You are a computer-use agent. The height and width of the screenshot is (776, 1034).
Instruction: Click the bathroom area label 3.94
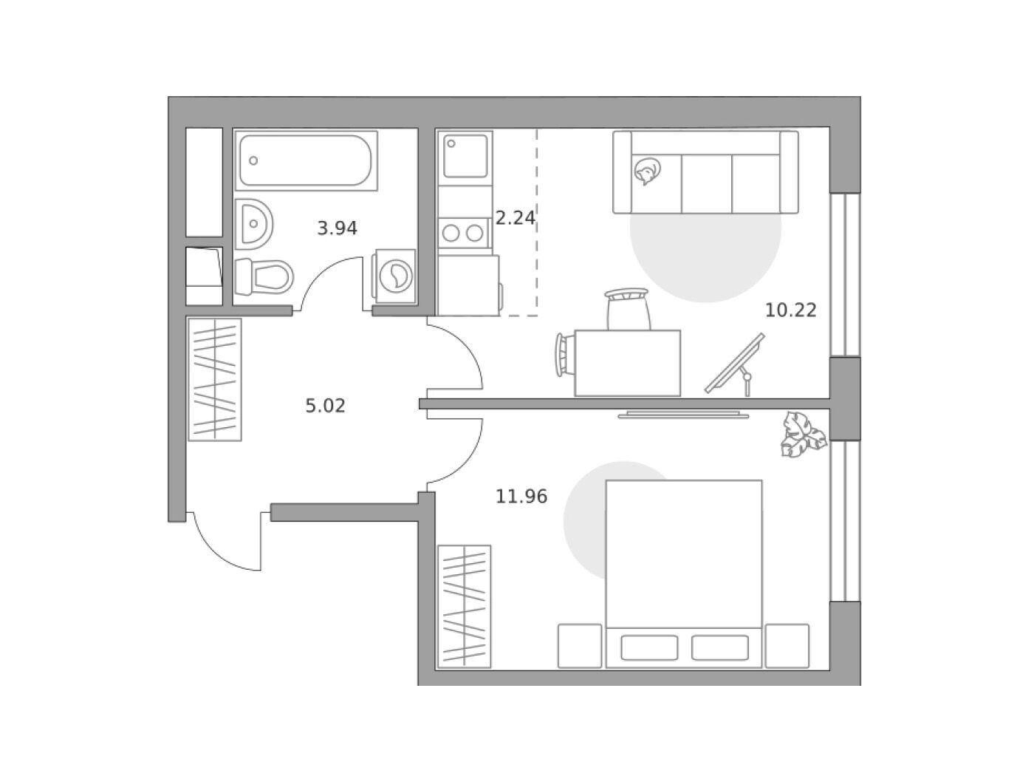point(337,229)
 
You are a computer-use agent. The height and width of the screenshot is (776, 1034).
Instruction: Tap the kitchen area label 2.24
point(515,218)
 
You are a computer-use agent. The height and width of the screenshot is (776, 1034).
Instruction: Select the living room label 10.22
point(790,310)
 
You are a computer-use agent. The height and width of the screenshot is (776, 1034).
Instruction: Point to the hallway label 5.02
point(325,406)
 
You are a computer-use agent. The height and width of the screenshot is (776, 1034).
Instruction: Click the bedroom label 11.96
point(521,497)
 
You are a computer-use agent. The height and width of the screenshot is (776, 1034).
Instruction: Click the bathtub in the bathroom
point(307,160)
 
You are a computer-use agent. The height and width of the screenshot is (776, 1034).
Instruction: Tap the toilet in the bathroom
point(264,276)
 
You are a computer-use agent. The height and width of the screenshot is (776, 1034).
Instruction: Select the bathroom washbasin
point(253,224)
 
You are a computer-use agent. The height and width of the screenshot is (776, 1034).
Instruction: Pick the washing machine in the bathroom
point(394,276)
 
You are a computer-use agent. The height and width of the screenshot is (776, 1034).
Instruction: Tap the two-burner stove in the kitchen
point(464,233)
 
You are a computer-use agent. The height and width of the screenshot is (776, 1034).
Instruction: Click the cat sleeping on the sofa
point(648,171)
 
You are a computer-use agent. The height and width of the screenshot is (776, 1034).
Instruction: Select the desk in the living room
point(628,363)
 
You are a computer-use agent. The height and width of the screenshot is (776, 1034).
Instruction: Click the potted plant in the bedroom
point(804,434)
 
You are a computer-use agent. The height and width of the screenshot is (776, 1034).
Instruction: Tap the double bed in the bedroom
point(683,574)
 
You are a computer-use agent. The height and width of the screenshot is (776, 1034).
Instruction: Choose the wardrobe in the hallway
point(215,380)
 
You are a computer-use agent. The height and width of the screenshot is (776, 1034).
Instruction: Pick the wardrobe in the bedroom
point(465,606)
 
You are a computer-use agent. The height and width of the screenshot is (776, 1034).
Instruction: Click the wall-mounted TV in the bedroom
point(683,415)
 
